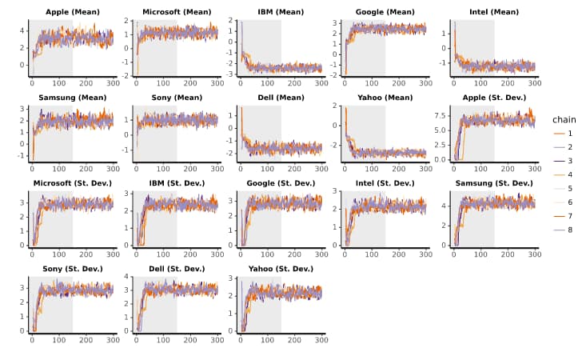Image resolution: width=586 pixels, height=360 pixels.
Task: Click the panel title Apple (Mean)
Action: pyautogui.click(x=68, y=12)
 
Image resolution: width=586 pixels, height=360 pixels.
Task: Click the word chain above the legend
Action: pyautogui.click(x=564, y=119)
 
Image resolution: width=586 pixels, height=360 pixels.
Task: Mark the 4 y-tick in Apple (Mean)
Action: pyautogui.click(x=22, y=30)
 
